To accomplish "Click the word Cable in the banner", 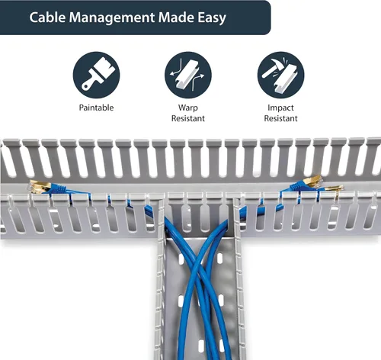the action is (x=47, y=18).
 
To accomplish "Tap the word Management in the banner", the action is (x=112, y=18).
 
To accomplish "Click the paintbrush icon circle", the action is (x=96, y=75).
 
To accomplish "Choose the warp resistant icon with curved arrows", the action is (x=188, y=75).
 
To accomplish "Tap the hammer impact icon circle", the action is (x=280, y=75).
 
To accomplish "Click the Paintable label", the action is (x=96, y=108).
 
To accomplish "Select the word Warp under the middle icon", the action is (x=188, y=108).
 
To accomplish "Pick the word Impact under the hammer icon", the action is (x=280, y=108).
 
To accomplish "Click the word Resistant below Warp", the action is (x=188, y=118).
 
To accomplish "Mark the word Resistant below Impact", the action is (x=280, y=118).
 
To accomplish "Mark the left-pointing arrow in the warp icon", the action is (x=176, y=73).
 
